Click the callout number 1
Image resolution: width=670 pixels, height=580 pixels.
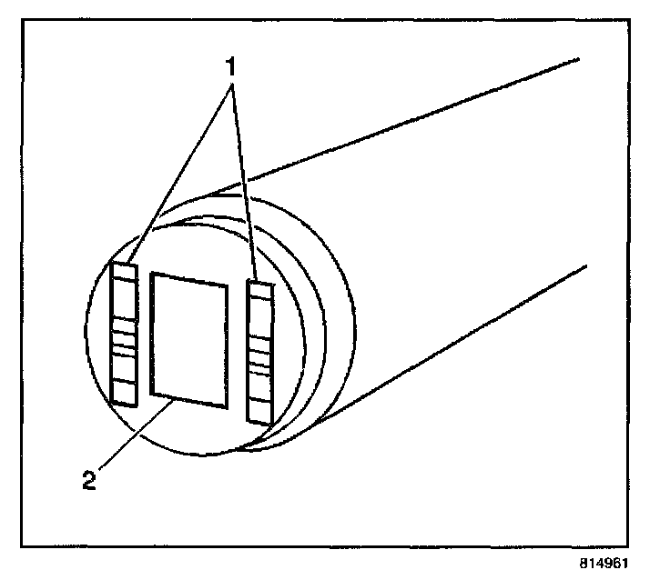point(231,66)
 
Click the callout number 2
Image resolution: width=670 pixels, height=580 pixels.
point(88,480)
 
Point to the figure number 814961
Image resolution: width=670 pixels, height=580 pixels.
point(604,563)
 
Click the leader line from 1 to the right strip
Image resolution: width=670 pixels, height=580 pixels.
point(244,182)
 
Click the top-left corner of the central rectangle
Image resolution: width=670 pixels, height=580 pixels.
point(151,273)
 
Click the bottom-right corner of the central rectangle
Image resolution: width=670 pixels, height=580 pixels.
point(225,405)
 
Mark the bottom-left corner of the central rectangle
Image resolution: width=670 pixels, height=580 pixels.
point(151,394)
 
